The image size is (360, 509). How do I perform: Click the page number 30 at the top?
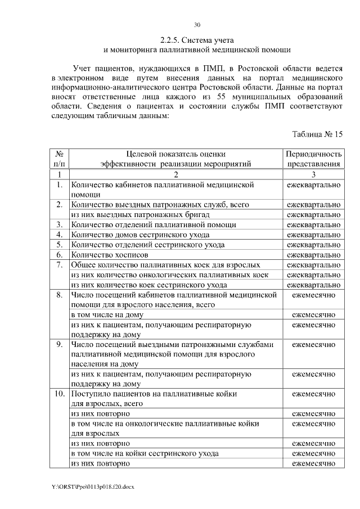[197, 25]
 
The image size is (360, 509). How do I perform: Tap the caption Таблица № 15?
[317, 134]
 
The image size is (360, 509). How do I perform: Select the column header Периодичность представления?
[313, 159]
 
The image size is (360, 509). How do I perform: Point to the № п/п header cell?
[59, 159]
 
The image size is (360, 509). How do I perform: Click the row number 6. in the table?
[59, 255]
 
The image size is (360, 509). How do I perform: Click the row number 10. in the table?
[59, 394]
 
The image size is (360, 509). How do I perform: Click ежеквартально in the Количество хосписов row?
[313, 255]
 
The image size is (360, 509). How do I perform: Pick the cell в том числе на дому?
[107, 314]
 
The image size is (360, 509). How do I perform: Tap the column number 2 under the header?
[175, 174]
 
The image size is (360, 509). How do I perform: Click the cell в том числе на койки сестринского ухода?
[145, 453]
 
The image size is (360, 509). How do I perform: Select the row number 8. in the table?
[59, 295]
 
